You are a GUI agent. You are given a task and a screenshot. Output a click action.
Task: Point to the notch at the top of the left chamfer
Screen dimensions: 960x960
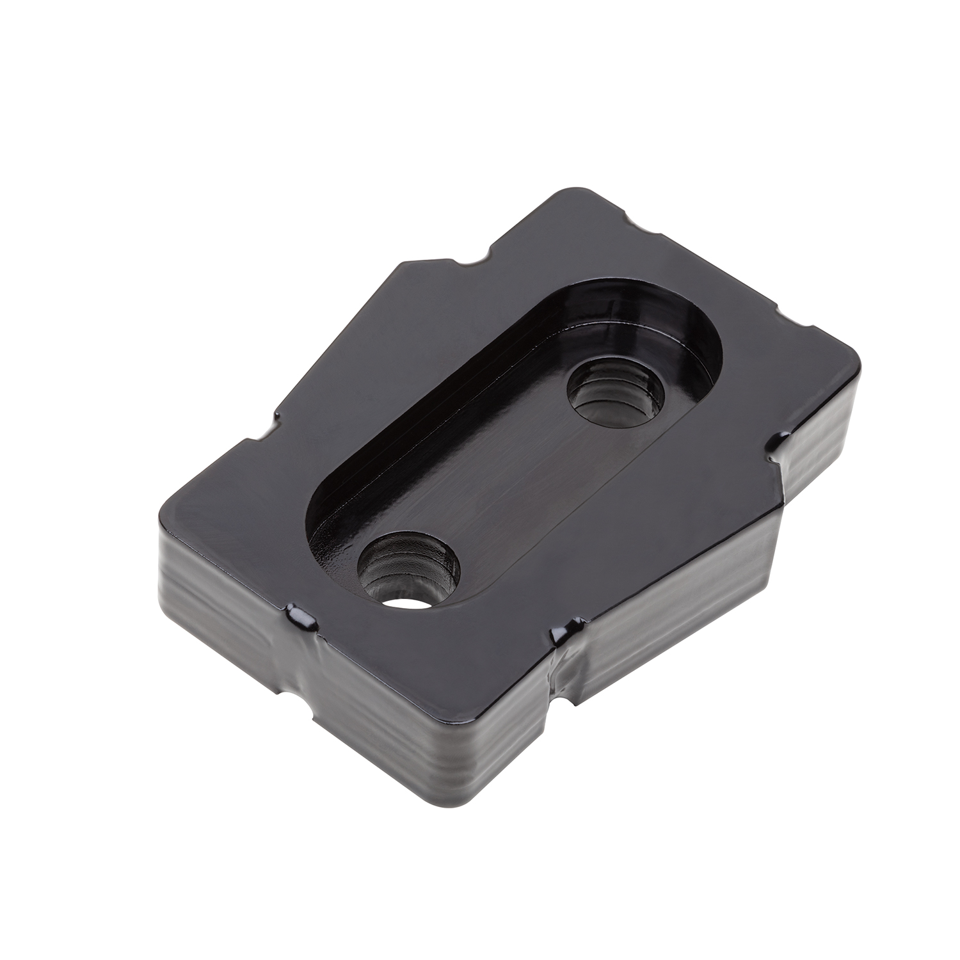coord(474,261)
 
